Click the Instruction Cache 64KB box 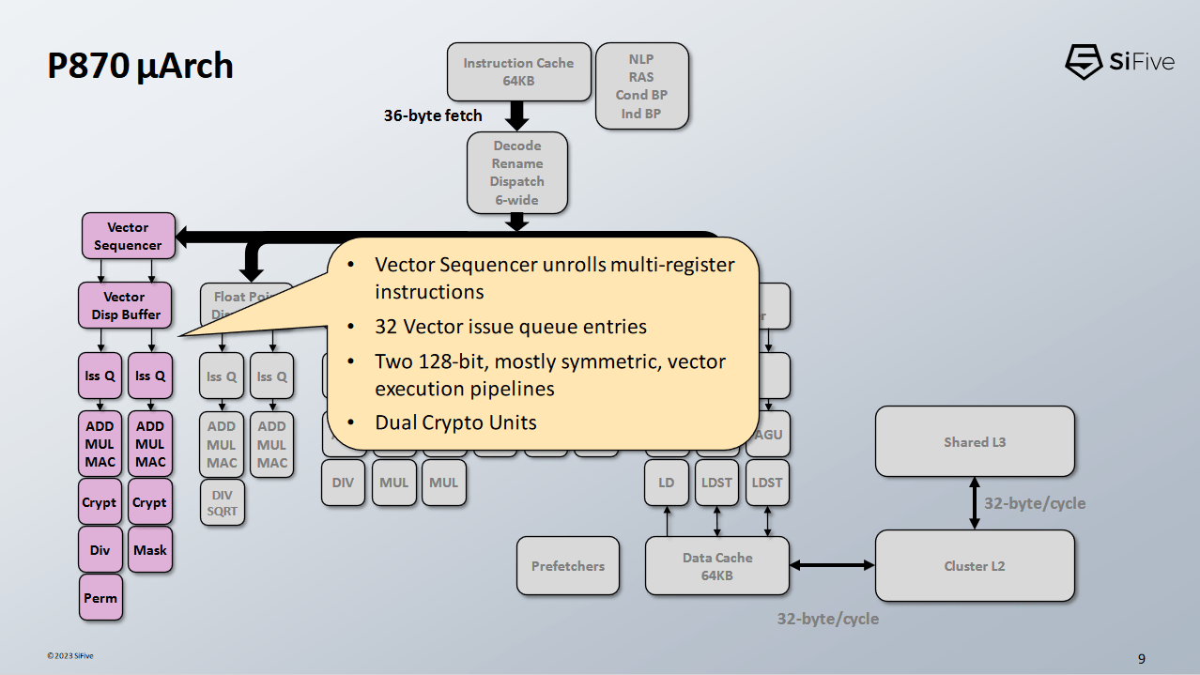pos(518,72)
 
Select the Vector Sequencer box pos(128,236)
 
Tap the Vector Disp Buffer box pos(125,305)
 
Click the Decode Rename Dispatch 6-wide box pos(516,173)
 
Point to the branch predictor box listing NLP pos(641,86)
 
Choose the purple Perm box pos(100,598)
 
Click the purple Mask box pos(150,550)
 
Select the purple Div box pos(100,550)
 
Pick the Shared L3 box pos(974,442)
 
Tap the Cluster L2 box pos(974,566)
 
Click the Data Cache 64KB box pos(716,566)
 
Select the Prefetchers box pos(568,566)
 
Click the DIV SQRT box pos(223,503)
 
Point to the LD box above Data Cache pos(667,483)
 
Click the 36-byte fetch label pos(433,116)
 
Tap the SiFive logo pos(1119,62)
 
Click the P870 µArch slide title pos(141,67)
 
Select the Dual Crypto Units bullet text pos(455,422)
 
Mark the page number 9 pos(1141,659)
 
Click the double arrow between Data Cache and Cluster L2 pos(832,565)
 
